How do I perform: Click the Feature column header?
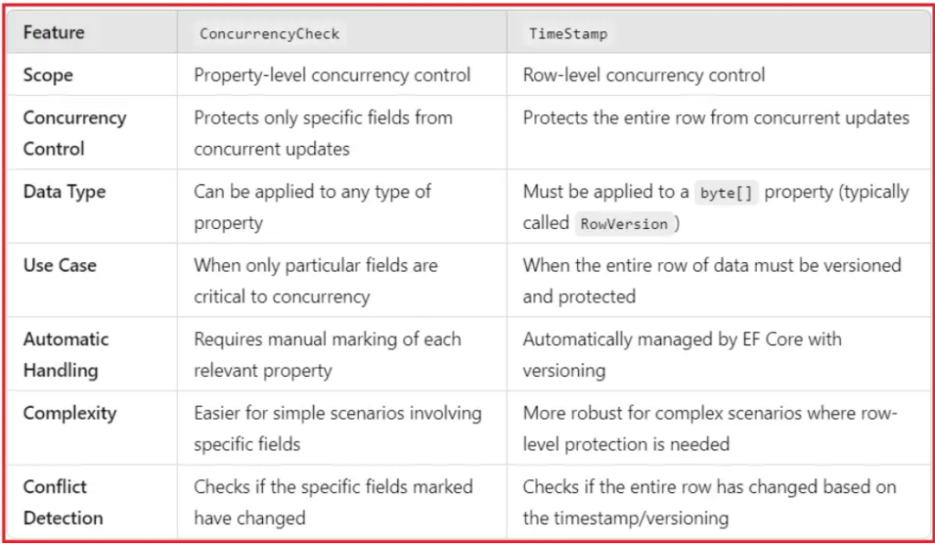[54, 32]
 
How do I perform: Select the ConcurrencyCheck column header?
[269, 34]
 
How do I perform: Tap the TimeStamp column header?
[568, 34]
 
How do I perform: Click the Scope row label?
[47, 76]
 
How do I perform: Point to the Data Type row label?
[65, 192]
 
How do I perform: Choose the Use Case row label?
[59, 265]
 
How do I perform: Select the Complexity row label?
[69, 413]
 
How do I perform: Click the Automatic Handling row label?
[66, 354]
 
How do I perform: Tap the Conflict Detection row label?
[63, 502]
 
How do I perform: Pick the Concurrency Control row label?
[75, 133]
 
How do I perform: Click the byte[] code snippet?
[726, 194]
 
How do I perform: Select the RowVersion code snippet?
[624, 224]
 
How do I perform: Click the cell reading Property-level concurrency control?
[332, 75]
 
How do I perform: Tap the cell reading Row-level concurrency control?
[644, 75]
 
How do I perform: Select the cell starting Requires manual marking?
[328, 354]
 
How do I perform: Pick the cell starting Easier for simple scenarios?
[338, 428]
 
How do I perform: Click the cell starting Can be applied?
[312, 207]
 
